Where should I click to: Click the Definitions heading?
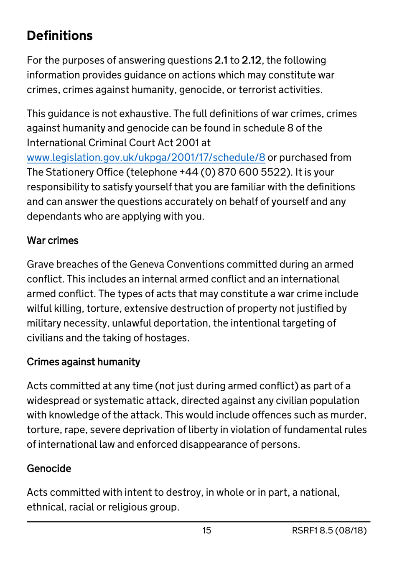coord(60,36)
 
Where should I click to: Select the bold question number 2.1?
coord(221,60)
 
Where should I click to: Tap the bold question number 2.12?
coord(252,60)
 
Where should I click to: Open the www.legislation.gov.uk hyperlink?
coord(146,158)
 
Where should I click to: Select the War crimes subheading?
coord(53,240)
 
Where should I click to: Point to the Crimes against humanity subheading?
coord(84,362)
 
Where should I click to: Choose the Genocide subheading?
coord(49,468)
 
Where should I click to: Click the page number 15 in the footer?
coord(206,530)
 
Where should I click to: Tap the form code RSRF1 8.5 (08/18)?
coord(329,530)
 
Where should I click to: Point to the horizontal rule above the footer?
coord(198,522)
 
